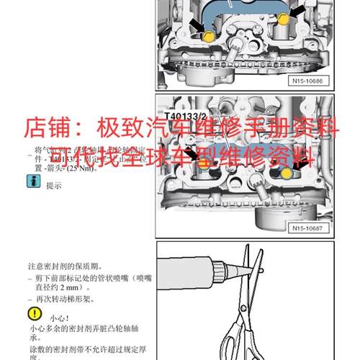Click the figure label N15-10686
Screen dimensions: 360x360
[310, 82]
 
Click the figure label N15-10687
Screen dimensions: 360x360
[310, 229]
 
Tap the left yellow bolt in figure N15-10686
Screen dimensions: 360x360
[209, 36]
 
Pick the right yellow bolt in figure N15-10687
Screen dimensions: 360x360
[286, 174]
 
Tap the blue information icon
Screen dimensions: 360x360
[32, 184]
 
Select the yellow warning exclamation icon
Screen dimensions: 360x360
[34, 314]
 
